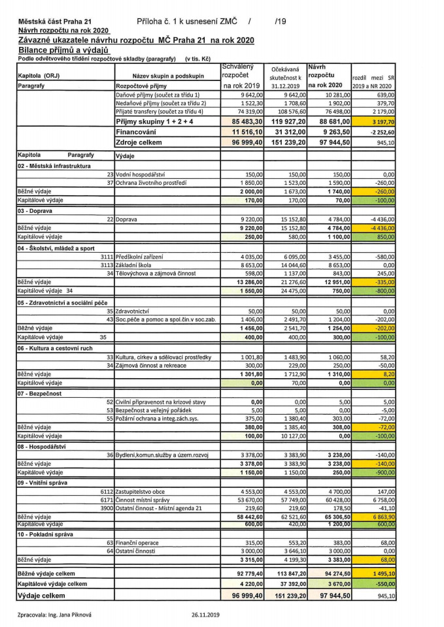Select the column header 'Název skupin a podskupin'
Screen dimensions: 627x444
(168, 76)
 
